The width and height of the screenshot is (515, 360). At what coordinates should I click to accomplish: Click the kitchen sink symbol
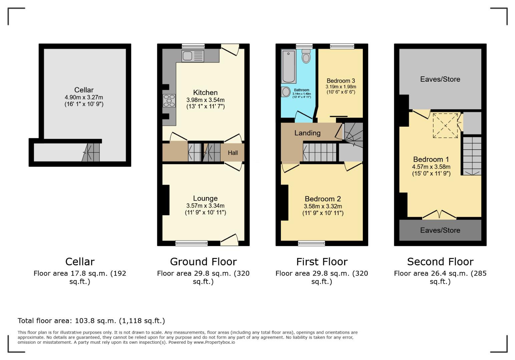192,56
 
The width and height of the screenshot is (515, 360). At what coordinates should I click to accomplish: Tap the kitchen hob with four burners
169,100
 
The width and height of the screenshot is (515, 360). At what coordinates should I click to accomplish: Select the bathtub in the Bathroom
289,66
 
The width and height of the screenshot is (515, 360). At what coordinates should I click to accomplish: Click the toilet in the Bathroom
306,56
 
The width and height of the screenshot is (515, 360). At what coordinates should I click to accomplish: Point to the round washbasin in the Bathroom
286,92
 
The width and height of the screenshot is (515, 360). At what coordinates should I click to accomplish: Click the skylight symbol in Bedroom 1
445,126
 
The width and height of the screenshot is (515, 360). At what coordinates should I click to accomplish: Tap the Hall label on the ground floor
233,153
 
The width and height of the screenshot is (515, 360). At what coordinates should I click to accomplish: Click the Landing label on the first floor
307,133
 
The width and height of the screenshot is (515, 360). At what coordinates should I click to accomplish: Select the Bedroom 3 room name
341,81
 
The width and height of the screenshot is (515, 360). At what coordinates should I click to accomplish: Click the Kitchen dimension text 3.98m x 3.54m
205,100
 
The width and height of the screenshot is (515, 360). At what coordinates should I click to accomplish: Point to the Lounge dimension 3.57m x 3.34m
205,206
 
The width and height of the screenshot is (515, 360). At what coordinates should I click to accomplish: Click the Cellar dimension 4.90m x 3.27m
84,97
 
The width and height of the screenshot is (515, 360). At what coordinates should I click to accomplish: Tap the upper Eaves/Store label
440,79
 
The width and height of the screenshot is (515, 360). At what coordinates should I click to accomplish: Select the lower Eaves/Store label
440,230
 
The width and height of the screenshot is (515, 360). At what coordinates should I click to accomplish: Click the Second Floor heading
440,262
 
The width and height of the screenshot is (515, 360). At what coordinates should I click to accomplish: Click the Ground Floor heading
203,262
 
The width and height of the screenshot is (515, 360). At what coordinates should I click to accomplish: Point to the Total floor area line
91,321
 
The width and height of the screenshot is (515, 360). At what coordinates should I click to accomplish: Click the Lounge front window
191,243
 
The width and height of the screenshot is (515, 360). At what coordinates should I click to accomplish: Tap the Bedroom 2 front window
312,243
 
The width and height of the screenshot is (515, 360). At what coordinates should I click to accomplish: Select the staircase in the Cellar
91,153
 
